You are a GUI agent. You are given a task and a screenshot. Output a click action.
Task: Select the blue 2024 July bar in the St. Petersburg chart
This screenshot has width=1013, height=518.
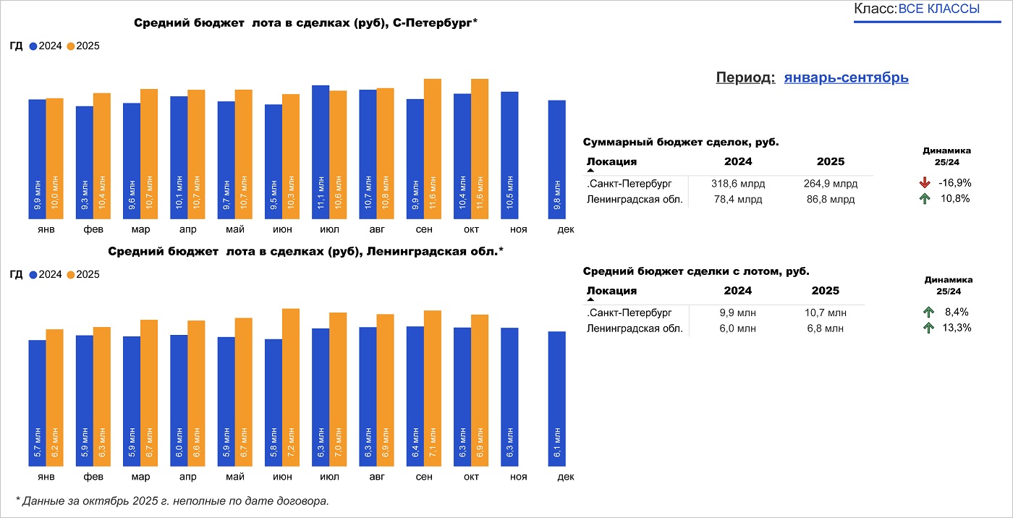point(321,152)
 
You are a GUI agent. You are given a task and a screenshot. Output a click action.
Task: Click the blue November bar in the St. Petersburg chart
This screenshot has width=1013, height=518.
point(509,155)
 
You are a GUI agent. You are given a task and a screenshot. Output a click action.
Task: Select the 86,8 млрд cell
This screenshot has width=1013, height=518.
point(831,199)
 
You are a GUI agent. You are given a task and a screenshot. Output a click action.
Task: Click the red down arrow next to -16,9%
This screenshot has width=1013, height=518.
point(925,183)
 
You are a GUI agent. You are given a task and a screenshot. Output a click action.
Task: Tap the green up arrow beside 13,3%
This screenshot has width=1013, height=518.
point(928,328)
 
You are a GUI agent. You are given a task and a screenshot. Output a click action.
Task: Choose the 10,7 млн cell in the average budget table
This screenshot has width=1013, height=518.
point(826,313)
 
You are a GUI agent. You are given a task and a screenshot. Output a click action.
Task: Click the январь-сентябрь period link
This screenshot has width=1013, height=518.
point(846,78)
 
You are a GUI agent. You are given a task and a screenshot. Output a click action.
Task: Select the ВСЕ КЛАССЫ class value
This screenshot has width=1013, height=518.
point(938,9)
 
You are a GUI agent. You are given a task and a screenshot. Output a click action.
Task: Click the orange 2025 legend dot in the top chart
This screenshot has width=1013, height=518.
point(71,46)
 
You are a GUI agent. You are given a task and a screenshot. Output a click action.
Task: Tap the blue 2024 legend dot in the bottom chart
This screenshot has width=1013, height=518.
point(33,275)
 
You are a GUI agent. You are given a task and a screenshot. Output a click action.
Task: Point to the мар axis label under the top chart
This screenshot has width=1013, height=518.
point(140,229)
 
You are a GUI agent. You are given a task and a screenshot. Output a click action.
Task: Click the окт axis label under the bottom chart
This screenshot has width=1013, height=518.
point(471,477)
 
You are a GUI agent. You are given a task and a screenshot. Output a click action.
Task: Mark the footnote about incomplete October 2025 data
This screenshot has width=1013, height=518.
point(172,500)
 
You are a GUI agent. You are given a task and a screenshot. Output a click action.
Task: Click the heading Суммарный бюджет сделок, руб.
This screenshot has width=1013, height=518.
point(681,143)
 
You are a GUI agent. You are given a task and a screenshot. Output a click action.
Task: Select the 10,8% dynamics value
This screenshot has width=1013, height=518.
point(955,198)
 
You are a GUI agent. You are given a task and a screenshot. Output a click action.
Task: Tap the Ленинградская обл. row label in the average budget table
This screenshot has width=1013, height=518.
point(635,328)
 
